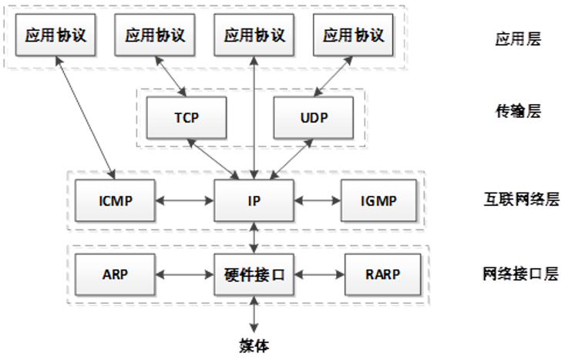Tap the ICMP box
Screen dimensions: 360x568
(x=116, y=200)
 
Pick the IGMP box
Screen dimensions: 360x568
(x=378, y=200)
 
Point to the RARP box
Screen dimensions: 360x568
(x=383, y=274)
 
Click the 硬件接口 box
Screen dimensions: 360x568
(x=254, y=274)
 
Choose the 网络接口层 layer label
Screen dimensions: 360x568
(x=520, y=274)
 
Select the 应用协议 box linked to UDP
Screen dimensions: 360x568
(x=353, y=35)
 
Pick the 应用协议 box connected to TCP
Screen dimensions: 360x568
(x=156, y=35)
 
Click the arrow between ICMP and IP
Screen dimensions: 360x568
(x=184, y=200)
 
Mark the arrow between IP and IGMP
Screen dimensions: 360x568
(x=318, y=200)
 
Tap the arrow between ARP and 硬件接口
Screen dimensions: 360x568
(x=184, y=274)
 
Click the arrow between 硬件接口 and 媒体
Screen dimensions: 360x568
(x=254, y=317)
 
